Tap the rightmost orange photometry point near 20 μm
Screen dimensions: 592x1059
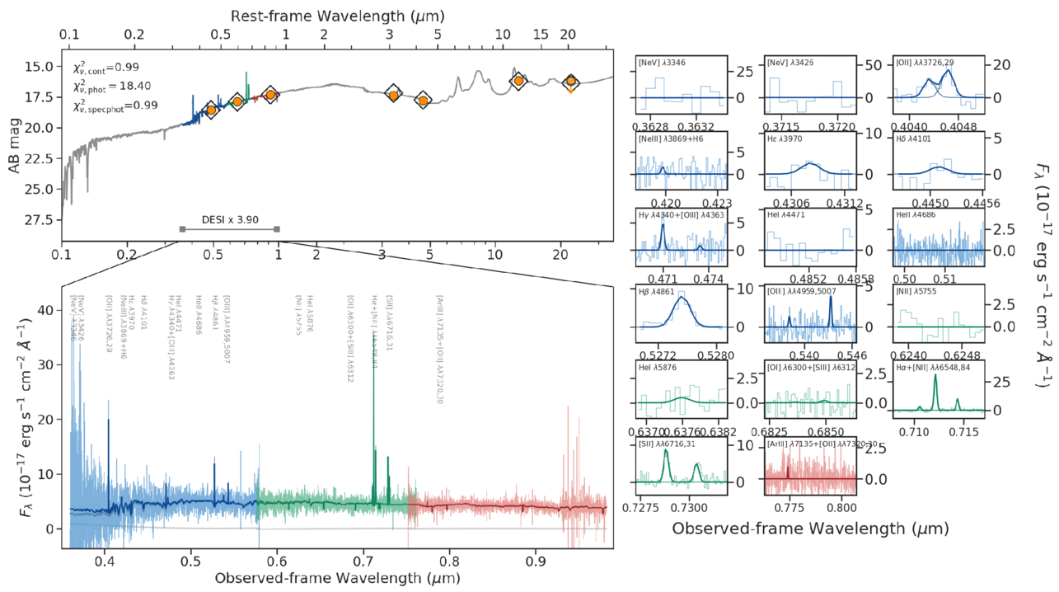pyautogui.click(x=570, y=82)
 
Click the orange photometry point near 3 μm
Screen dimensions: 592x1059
pyautogui.click(x=394, y=95)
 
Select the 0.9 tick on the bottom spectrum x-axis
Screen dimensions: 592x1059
pyautogui.click(x=536, y=561)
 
